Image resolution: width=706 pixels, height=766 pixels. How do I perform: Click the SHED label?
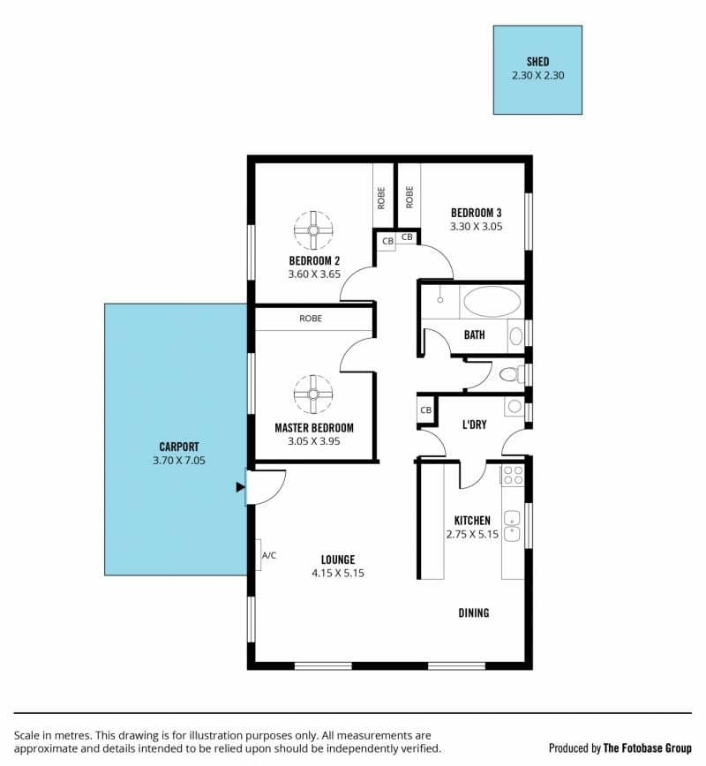537,62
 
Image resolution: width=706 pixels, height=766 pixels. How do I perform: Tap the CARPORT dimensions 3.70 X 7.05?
179,460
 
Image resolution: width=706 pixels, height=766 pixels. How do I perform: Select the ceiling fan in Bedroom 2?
313,230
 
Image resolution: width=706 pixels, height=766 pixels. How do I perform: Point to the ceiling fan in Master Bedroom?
313,394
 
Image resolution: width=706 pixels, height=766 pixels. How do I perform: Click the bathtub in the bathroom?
492,302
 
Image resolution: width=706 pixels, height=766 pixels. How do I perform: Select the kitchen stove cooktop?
513,475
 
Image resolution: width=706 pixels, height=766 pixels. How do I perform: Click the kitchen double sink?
512,527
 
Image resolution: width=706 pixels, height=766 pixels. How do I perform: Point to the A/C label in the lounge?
268,555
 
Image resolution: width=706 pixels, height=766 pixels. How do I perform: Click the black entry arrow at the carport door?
240,486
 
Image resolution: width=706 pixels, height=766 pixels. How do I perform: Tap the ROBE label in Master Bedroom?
311,319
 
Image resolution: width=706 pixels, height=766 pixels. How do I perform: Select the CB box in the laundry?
426,409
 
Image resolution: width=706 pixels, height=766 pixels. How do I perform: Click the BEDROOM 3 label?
476,213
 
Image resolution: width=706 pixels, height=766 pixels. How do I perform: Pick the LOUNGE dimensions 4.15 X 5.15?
338,573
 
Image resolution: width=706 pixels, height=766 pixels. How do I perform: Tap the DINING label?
473,612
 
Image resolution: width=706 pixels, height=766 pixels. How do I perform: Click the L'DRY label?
475,424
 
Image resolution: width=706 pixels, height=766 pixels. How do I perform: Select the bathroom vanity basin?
516,336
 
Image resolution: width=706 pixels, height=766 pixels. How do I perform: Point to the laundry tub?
514,406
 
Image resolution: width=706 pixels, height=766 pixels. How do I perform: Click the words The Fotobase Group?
648,748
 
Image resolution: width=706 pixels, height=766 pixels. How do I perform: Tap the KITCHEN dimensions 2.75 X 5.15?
472,534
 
